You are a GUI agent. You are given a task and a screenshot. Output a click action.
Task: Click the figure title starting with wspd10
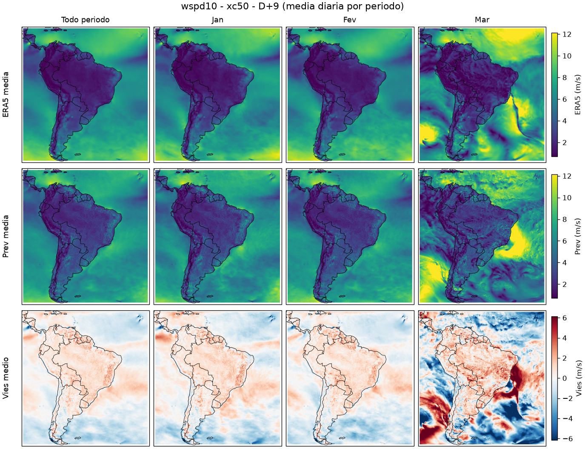tap(292, 6)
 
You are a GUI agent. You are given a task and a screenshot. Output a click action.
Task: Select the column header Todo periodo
tap(86, 20)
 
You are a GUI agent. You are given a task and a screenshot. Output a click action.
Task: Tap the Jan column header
tap(217, 20)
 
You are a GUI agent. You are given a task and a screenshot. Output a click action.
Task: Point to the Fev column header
tap(350, 20)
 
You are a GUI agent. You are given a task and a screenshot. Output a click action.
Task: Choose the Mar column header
tap(482, 20)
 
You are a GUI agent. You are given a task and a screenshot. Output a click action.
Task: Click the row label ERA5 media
tap(6, 94)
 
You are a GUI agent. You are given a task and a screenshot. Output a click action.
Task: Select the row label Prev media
tap(6, 236)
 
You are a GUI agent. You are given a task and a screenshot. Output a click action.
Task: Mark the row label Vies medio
tap(6, 378)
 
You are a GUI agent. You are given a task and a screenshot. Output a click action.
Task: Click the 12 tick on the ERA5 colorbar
tap(567, 34)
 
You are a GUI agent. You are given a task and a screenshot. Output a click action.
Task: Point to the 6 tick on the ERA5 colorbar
tap(565, 99)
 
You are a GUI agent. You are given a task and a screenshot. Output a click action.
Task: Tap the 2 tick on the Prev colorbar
tap(565, 284)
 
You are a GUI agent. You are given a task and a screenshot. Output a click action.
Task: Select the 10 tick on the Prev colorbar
tap(567, 198)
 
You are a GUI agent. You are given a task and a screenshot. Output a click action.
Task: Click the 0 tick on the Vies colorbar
tap(565, 378)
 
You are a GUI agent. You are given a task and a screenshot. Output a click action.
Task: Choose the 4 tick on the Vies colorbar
tap(565, 338)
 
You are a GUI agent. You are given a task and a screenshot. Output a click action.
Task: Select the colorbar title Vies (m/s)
tap(579, 378)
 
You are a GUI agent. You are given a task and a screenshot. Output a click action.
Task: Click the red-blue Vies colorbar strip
tap(554, 378)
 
